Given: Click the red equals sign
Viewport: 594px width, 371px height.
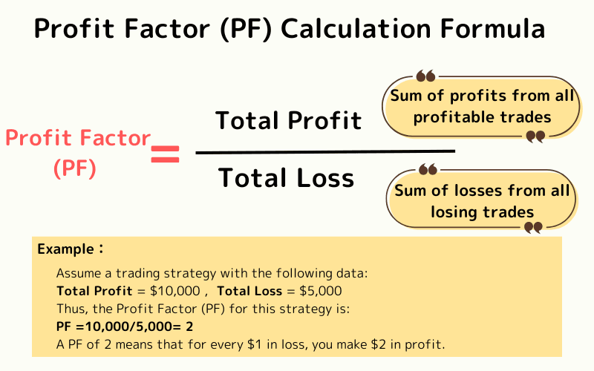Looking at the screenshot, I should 165,154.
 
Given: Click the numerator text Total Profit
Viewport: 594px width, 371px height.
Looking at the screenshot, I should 289,120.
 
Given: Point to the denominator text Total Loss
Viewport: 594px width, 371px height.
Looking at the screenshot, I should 287,178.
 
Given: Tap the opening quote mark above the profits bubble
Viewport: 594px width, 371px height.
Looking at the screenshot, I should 425,76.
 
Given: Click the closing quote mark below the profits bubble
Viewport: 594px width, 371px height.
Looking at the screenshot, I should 535,137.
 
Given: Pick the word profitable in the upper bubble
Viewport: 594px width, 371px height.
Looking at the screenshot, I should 452,116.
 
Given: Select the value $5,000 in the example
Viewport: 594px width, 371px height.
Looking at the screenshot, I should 314,290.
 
